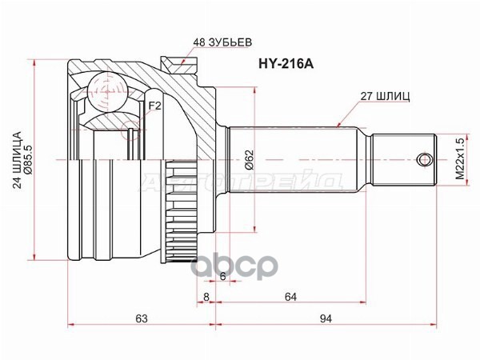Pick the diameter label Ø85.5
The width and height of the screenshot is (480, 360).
click(29, 158)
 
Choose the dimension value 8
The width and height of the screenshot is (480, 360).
click(206, 296)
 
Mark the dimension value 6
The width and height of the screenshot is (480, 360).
click(222, 277)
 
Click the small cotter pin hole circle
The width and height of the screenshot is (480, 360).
click(422, 158)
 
